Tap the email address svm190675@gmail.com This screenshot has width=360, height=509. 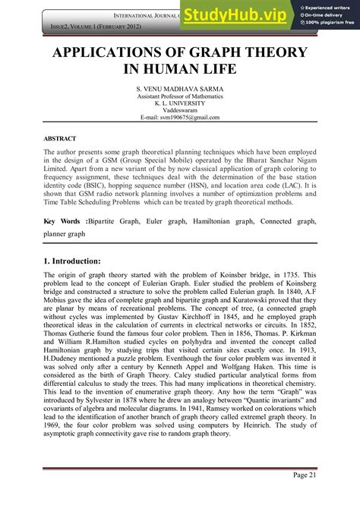tap(180, 118)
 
